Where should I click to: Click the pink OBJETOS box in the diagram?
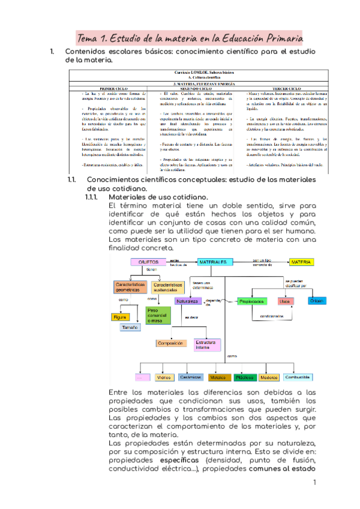click(x=148, y=262)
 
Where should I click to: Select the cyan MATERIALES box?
click(x=214, y=262)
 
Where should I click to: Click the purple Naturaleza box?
click(x=188, y=301)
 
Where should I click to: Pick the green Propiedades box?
click(x=252, y=301)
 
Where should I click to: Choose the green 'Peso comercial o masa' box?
click(x=158, y=314)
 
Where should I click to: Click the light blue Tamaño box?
click(x=130, y=328)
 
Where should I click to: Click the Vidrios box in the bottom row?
click(x=163, y=378)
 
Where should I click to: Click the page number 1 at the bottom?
click(x=314, y=483)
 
